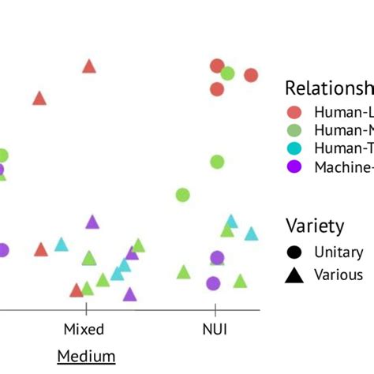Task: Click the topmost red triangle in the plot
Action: pos(89,67)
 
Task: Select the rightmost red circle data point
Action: pos(251,75)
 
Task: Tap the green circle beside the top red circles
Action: pos(227,73)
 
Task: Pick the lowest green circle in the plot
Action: pos(182,195)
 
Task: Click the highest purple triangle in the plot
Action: pos(92,223)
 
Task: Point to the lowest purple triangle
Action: pos(129,294)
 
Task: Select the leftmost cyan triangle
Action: pos(62,245)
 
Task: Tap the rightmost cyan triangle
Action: pos(251,234)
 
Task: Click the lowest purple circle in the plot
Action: pos(212,283)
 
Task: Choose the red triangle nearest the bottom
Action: pos(77,290)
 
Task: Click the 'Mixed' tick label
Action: pos(84,328)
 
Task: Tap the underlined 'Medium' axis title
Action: pos(86,357)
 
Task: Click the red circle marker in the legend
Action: pos(294,111)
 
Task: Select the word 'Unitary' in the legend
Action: pos(338,252)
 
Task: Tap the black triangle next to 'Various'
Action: pos(294,275)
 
